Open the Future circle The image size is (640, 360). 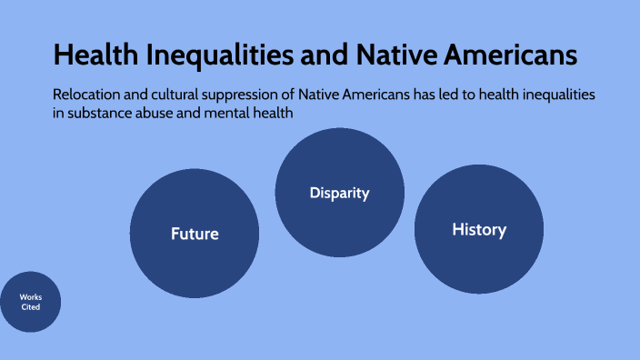(195, 234)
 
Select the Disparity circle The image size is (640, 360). (340, 193)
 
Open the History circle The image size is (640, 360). (479, 230)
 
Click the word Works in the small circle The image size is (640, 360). (31, 297)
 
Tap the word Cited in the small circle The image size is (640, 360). (31, 307)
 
